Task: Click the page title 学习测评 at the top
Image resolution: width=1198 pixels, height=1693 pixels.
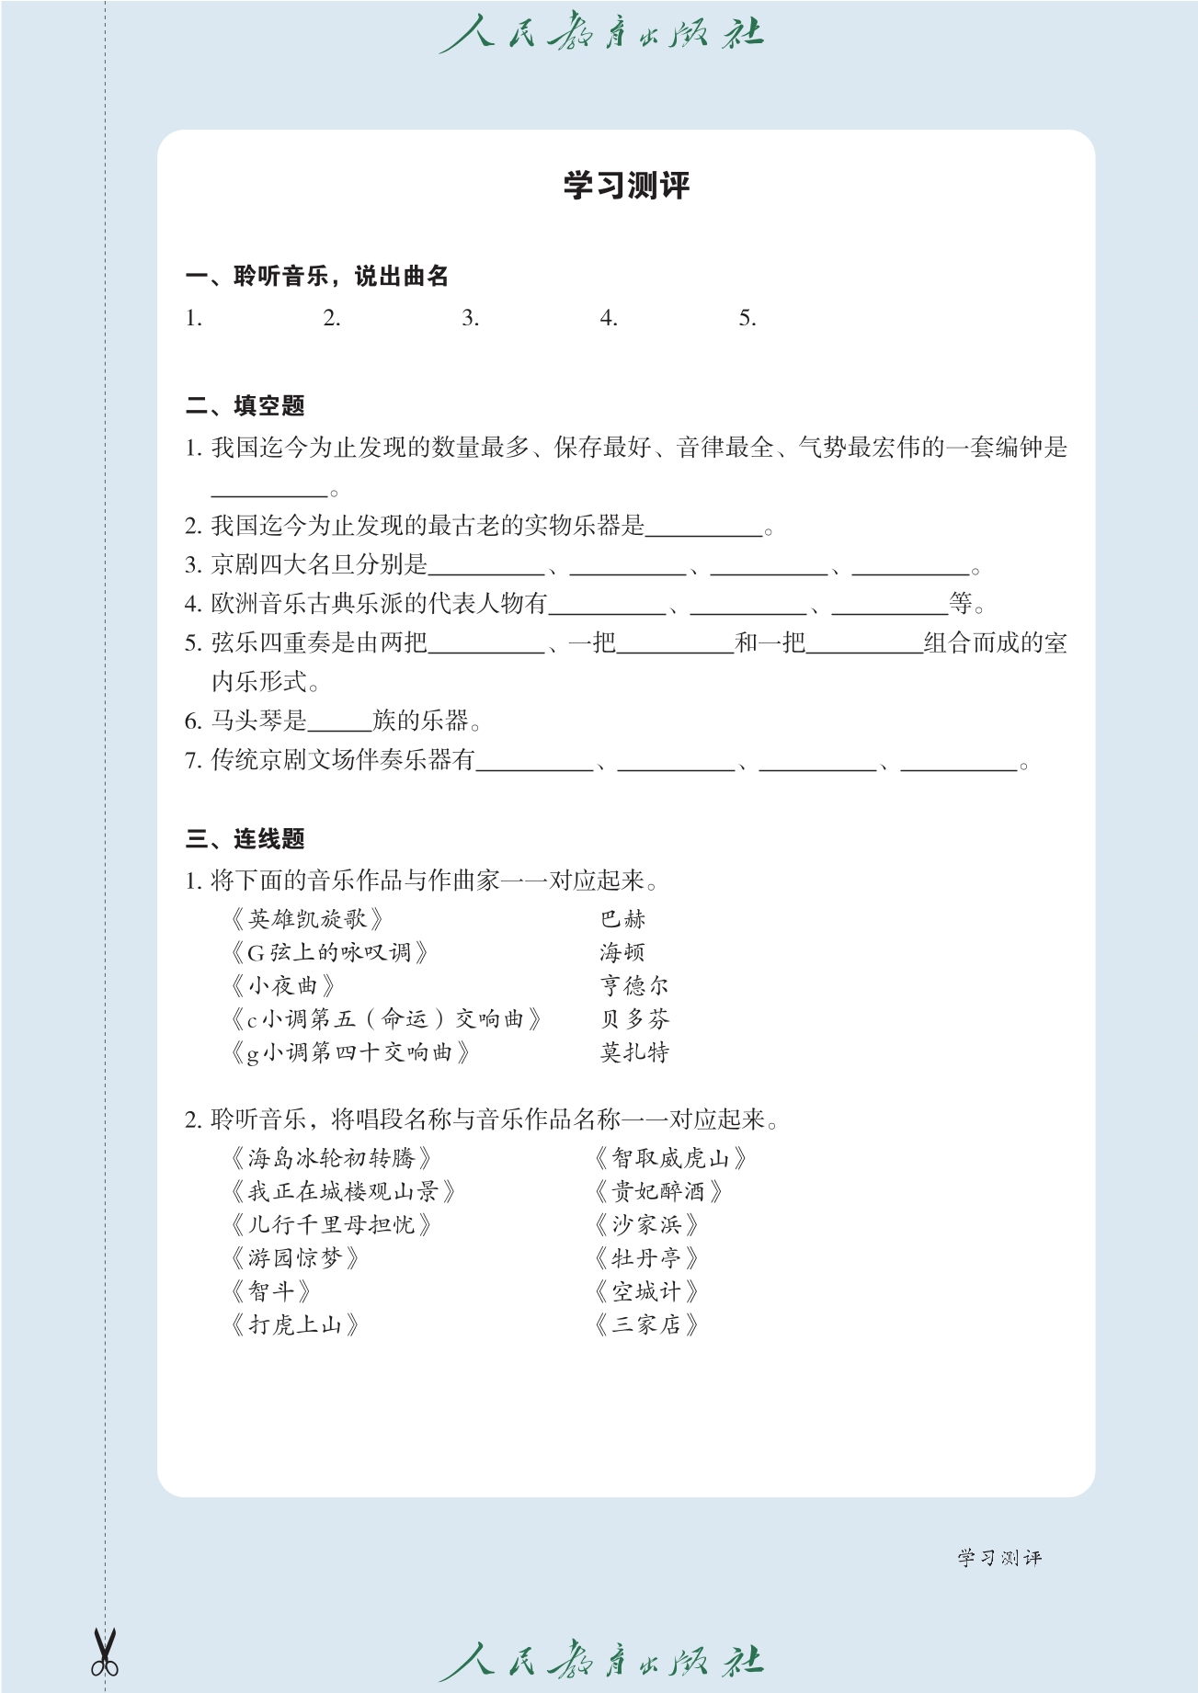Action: click(626, 186)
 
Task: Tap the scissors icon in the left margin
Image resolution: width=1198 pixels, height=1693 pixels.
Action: click(105, 1653)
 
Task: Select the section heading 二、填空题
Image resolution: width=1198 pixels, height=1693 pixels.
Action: click(245, 405)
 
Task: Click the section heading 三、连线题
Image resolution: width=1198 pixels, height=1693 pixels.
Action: click(245, 838)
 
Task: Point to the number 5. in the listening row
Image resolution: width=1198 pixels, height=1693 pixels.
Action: click(747, 318)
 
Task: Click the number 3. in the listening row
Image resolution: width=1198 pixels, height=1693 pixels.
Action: click(470, 318)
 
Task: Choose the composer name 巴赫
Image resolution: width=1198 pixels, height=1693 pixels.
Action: click(623, 919)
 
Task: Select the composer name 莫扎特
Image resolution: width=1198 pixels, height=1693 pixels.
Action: click(634, 1051)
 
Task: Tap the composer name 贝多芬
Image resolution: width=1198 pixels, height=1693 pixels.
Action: click(634, 1018)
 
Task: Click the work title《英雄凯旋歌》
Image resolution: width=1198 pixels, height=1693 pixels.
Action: click(306, 919)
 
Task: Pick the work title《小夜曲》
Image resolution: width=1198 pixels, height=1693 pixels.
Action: click(282, 985)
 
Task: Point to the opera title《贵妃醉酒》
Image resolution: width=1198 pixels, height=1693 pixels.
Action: click(658, 1191)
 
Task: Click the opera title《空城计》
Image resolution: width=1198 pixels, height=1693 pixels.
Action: click(646, 1291)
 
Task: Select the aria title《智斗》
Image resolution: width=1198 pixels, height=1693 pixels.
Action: click(270, 1291)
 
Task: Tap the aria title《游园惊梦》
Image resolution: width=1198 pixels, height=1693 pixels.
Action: click(294, 1258)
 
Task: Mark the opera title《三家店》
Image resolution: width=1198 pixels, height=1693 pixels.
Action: click(646, 1324)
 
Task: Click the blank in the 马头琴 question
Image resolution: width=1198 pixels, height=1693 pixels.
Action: click(339, 721)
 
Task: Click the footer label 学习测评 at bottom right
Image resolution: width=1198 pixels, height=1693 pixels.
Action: click(999, 1557)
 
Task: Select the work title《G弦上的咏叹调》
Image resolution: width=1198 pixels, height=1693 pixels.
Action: click(330, 952)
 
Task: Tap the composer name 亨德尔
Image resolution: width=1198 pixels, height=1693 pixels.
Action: click(634, 985)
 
